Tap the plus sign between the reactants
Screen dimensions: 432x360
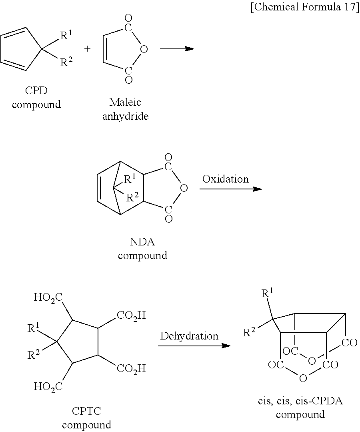[x=88, y=48]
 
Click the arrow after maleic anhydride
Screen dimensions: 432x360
[x=176, y=49]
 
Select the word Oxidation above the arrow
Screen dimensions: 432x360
[x=225, y=179]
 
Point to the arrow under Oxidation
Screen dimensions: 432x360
[x=230, y=189]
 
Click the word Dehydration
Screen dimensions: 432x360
[x=189, y=336]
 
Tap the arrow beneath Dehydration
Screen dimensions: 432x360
[x=194, y=346]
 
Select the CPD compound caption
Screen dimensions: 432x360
[x=36, y=97]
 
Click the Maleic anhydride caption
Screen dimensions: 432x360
[x=125, y=109]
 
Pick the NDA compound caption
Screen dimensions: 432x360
[x=142, y=248]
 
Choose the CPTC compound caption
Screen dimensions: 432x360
[x=86, y=418]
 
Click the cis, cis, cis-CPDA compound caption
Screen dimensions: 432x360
[x=300, y=407]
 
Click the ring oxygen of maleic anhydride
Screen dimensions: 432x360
[x=144, y=49]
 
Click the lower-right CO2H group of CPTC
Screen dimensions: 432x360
[x=131, y=368]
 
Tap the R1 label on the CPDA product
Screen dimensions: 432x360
[x=267, y=294]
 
